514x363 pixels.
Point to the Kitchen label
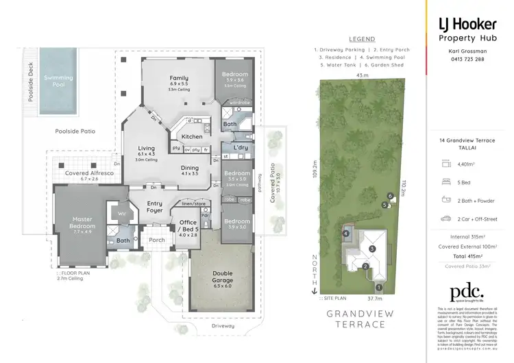(191, 137)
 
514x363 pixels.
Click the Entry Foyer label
(154, 207)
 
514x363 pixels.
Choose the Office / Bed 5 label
(188, 226)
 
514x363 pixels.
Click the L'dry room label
(240, 148)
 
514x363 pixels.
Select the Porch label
(157, 240)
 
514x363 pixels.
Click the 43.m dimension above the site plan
(362, 75)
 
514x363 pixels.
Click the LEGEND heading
(361, 40)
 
